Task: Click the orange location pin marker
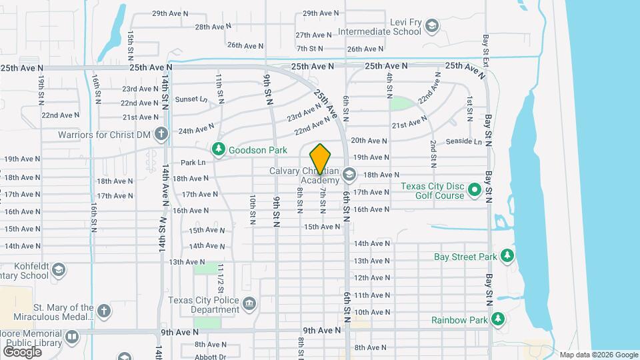(x=321, y=159)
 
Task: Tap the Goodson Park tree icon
(x=219, y=150)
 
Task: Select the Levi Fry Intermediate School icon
(x=432, y=26)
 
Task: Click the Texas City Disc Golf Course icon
(x=475, y=191)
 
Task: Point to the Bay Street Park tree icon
(x=507, y=256)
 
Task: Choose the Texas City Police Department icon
(x=249, y=305)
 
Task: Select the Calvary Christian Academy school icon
(x=349, y=175)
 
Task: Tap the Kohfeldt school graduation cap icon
(x=58, y=270)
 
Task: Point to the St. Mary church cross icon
(x=103, y=311)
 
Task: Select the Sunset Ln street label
(x=191, y=99)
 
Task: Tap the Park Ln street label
(x=193, y=163)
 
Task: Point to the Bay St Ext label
(x=487, y=49)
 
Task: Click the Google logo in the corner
(x=22, y=351)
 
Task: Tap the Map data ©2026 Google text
(x=598, y=354)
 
